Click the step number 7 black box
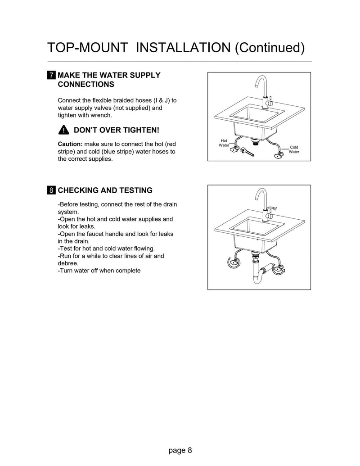(52, 75)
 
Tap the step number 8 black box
(52, 190)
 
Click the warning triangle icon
(63, 130)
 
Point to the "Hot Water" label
(224, 143)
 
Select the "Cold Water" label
(293, 149)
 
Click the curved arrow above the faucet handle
(273, 208)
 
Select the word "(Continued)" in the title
(270, 48)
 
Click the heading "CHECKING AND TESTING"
(105, 190)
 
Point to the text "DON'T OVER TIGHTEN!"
(116, 130)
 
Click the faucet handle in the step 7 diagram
(271, 103)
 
